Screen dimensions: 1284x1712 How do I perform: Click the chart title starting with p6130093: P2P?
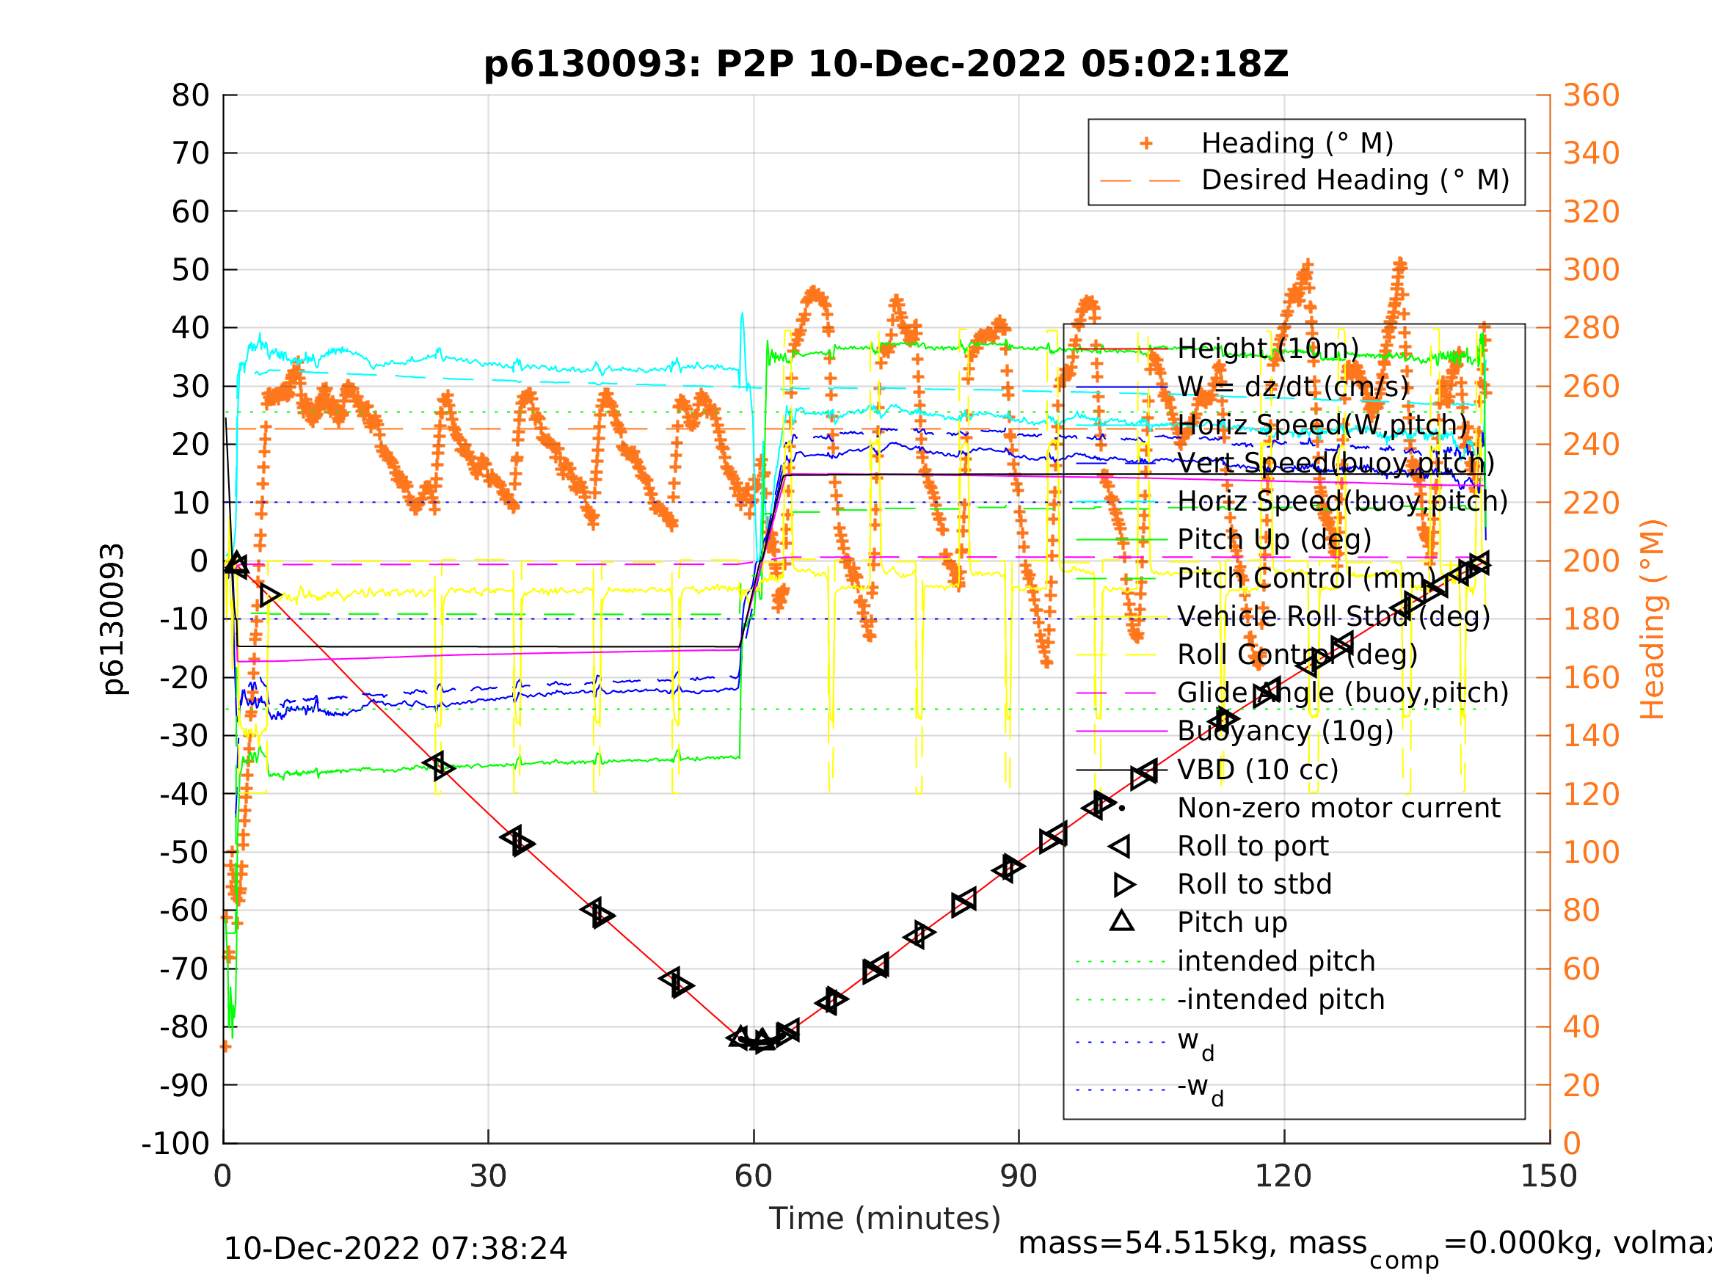coord(886,65)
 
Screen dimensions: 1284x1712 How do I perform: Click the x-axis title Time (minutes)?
coord(885,1218)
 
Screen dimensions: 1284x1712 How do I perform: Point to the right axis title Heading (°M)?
coord(1653,619)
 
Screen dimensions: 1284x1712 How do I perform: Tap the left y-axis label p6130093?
coord(113,619)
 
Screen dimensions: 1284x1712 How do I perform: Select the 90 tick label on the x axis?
coord(1019,1176)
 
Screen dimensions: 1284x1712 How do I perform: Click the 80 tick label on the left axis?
coord(190,96)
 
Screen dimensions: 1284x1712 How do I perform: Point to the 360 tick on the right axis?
coord(1591,96)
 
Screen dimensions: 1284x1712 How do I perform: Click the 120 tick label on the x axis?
coord(1283,1176)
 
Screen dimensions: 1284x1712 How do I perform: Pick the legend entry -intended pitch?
coord(1281,999)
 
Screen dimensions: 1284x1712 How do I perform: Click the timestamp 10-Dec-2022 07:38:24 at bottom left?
coord(395,1250)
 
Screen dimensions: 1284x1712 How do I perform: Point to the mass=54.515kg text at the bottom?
coord(1192,1243)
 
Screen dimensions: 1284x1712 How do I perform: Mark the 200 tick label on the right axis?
coord(1591,561)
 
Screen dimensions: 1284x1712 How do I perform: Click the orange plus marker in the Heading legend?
coord(1146,143)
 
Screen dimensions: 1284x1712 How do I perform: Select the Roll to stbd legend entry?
coord(1254,884)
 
